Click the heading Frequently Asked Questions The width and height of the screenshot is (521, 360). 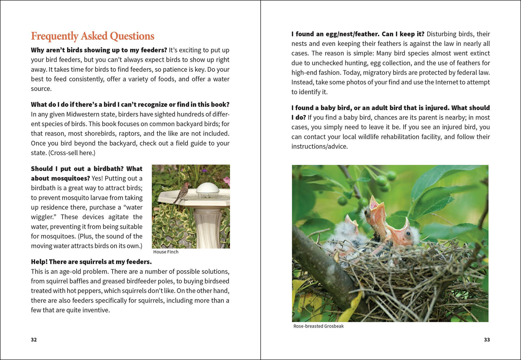pos(92,36)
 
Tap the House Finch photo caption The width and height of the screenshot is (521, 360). pos(165,252)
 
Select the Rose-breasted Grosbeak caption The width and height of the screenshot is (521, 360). pos(318,326)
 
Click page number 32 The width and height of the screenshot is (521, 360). pos(34,339)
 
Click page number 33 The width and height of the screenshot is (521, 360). pos(487,339)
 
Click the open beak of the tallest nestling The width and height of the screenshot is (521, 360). pos(374,206)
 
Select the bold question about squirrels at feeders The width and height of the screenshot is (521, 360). pos(91,262)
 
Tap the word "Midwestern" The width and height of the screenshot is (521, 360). pos(83,114)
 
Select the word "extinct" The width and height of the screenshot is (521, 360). pos(478,53)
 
